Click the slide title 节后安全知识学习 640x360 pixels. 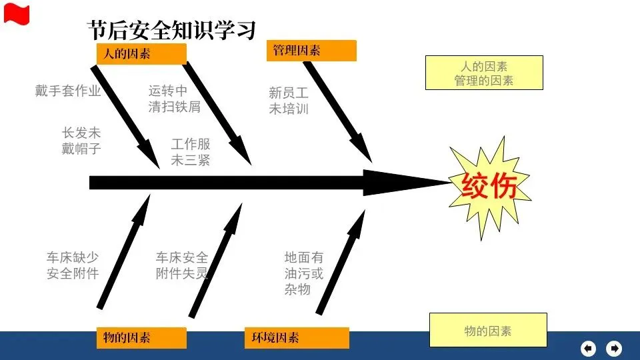click(x=172, y=29)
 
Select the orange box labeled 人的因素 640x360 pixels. click(x=141, y=53)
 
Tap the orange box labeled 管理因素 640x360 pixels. click(x=311, y=51)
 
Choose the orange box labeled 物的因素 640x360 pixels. click(x=141, y=337)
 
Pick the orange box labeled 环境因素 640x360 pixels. click(x=296, y=337)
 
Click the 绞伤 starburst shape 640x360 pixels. click(x=489, y=186)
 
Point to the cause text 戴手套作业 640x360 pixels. click(x=68, y=91)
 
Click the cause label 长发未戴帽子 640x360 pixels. click(x=81, y=141)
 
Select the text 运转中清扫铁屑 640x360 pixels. click(x=175, y=98)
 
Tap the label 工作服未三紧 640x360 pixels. click(x=191, y=152)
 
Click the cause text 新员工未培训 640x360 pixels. click(x=289, y=101)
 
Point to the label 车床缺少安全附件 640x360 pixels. click(x=73, y=265)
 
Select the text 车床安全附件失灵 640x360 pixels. click(x=182, y=265)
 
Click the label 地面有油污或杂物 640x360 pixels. click(x=304, y=273)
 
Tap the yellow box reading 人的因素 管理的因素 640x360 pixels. click(x=484, y=73)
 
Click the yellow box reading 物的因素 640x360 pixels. click(x=488, y=331)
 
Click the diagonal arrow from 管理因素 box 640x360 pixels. click(x=337, y=110)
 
